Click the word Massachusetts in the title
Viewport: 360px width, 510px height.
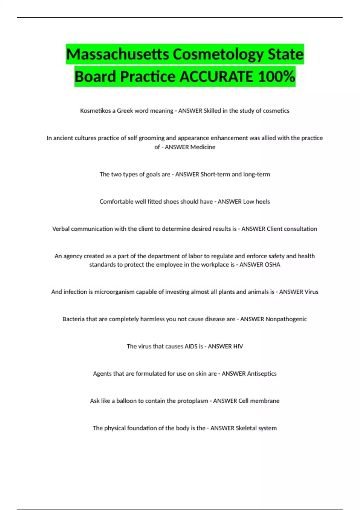click(x=118, y=54)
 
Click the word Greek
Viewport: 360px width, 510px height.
click(x=125, y=111)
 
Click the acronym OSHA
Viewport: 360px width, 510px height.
click(x=272, y=265)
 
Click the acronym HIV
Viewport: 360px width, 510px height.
click(x=238, y=346)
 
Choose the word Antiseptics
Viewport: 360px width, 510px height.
click(x=262, y=374)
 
